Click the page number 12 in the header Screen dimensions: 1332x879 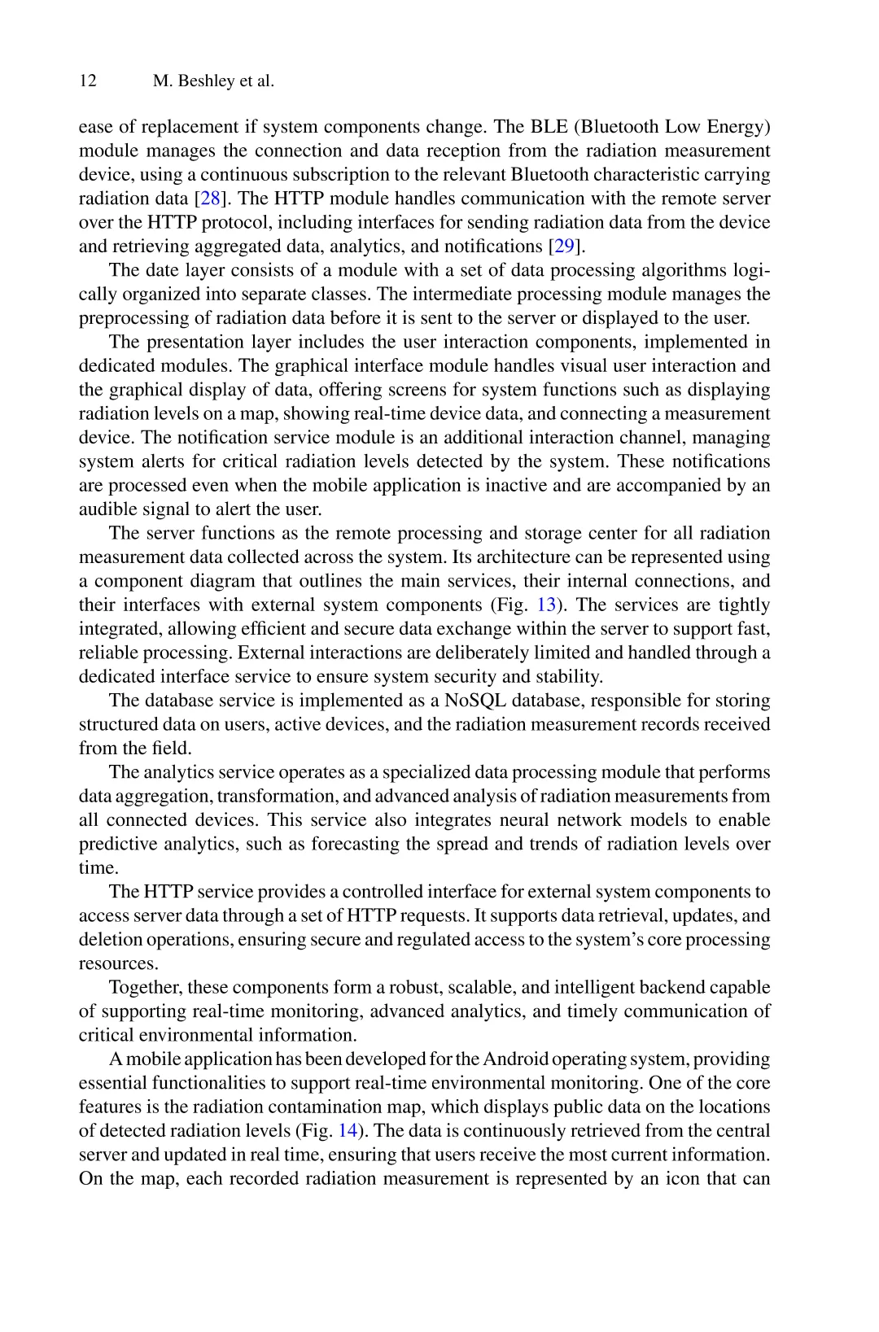coord(87,81)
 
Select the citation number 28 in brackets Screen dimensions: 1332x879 coord(209,199)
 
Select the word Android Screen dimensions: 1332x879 coord(515,1059)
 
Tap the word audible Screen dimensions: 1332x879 coord(108,510)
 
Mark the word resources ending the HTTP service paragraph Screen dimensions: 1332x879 coord(116,963)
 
